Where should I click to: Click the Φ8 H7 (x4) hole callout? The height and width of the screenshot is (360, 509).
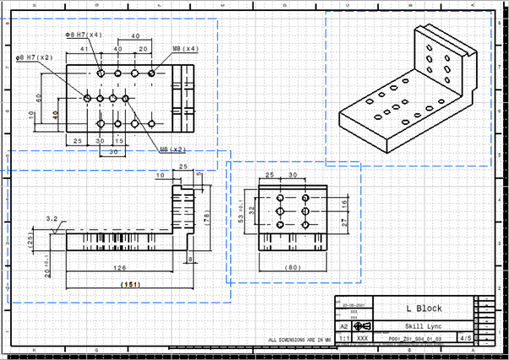84,35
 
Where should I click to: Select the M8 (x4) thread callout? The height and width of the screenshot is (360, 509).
185,49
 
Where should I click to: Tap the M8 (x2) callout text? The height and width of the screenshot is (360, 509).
172,150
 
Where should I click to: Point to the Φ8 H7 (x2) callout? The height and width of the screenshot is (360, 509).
35,57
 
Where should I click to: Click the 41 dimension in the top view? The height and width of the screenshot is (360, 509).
84,50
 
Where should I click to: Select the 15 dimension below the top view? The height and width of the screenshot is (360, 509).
118,139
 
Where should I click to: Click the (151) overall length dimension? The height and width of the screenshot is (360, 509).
129,285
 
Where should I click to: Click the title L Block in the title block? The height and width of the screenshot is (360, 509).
423,308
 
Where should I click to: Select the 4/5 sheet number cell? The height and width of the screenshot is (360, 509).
464,337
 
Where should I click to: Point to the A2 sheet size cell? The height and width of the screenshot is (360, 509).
344,325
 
